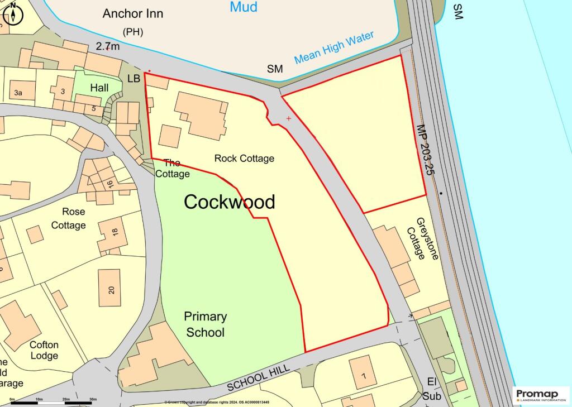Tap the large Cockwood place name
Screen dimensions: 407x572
[230, 202]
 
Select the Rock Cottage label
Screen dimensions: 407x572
[244, 159]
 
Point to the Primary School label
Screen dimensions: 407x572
[205, 324]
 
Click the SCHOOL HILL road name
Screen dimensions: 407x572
[259, 378]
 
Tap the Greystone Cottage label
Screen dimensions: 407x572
[422, 239]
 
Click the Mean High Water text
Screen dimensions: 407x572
[333, 48]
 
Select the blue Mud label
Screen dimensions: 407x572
[244, 7]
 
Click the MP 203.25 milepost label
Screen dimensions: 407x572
[424, 150]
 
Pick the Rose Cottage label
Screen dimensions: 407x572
[69, 218]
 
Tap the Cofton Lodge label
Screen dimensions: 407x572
[44, 350]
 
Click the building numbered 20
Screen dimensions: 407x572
[109, 289]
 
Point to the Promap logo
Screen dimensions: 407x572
[541, 394]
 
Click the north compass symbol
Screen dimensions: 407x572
[12, 15]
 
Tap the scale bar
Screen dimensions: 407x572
[54, 402]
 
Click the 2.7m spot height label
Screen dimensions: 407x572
[108, 47]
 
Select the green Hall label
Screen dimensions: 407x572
[99, 88]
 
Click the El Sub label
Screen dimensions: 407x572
[433, 389]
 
